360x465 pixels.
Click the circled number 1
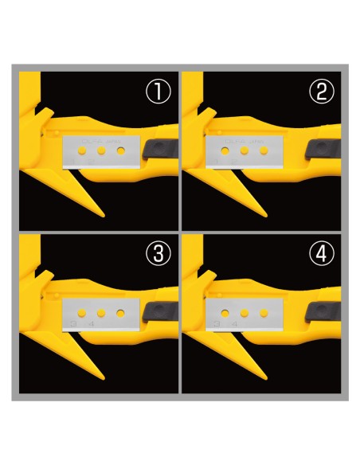tap(161, 92)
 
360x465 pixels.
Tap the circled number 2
tap(320, 92)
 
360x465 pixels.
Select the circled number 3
tap(161, 253)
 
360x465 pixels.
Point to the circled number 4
tap(320, 253)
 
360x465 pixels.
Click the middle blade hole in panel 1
tap(102, 149)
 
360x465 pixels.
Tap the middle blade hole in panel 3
tap(102, 310)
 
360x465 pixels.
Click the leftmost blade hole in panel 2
tap(226, 149)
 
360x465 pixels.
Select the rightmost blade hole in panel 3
tap(120, 310)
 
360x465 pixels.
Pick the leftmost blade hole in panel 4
tap(226, 310)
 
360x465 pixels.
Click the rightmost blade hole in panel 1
tap(120, 149)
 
